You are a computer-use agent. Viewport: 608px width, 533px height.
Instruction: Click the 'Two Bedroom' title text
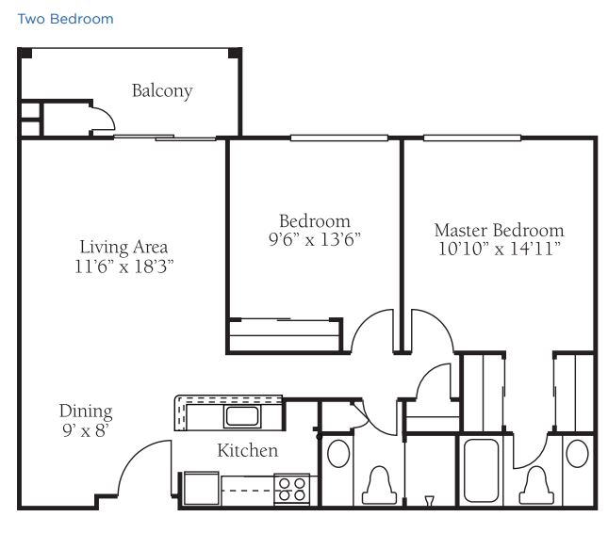66,19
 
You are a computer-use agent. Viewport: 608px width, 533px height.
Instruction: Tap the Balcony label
162,91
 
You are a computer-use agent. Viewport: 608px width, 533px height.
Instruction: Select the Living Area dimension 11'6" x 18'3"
124,266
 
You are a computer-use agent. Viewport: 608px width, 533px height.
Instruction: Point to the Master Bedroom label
499,230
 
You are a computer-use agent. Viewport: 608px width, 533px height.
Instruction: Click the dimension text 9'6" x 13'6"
315,239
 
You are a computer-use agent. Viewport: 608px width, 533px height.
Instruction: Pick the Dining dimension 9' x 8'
85,430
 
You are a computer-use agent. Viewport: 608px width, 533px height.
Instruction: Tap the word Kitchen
248,450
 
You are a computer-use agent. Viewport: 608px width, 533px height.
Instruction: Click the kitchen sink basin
242,416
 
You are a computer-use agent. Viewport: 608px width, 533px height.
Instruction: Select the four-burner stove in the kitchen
291,490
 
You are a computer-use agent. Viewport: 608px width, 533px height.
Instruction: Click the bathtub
481,470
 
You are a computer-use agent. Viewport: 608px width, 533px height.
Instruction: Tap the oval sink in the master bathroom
578,454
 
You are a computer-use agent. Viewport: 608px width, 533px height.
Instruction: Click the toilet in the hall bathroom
379,485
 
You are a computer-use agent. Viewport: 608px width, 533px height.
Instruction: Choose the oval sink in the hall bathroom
338,453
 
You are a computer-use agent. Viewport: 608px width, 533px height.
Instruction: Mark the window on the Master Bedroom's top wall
472,137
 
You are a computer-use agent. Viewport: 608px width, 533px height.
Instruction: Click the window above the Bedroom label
339,137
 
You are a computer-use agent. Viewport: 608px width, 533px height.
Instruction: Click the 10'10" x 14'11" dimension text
500,249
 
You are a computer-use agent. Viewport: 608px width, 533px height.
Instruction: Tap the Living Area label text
123,247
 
